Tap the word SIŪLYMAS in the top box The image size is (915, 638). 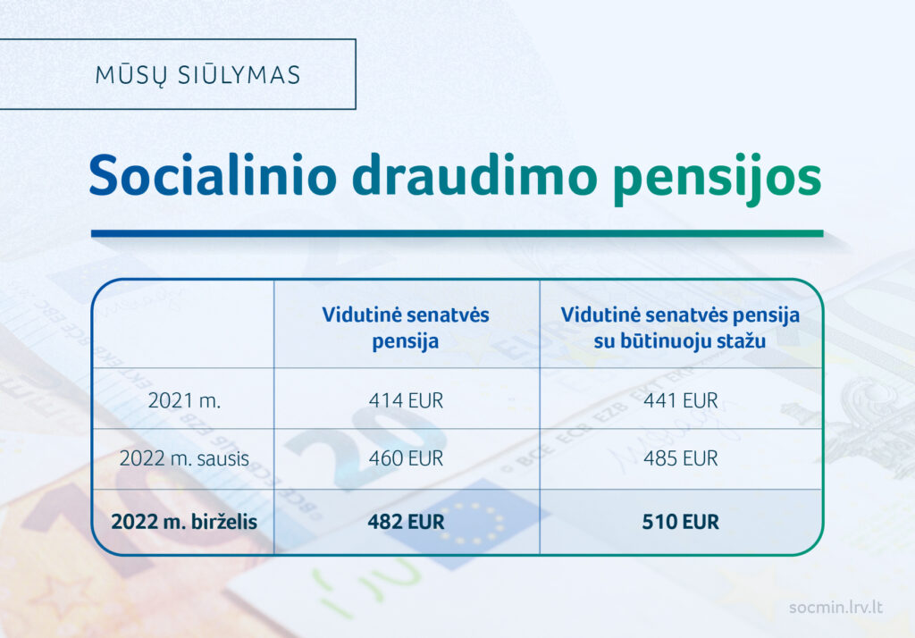click(239, 74)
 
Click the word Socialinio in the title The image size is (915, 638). click(213, 175)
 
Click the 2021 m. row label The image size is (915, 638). click(184, 400)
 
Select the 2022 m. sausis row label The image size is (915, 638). click(184, 458)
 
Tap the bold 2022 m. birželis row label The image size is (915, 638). click(184, 521)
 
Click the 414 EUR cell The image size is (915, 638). click(407, 400)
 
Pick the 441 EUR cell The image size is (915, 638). click(680, 400)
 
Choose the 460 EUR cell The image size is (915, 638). click(407, 458)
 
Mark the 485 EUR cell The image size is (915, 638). click(680, 458)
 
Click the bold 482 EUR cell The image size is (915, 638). click(407, 521)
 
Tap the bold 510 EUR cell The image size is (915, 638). click(680, 521)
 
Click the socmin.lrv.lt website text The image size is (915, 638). click(835, 607)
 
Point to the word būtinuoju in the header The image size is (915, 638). click(661, 340)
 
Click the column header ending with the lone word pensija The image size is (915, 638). click(406, 327)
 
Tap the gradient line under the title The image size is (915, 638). click(457, 233)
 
